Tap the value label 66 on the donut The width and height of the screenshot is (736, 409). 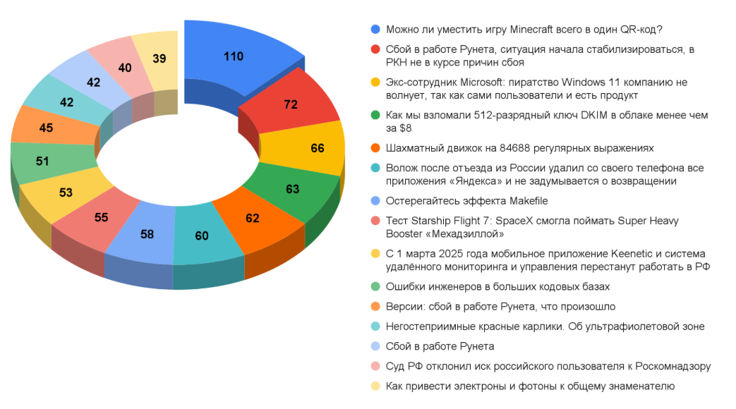pos(317,149)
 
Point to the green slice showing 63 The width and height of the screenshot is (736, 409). pos(292,189)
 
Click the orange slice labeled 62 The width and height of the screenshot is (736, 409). pos(253,218)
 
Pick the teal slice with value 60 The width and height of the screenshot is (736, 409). pos(202,236)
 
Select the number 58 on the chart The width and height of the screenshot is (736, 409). pos(147,233)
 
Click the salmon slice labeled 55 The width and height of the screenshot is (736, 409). pos(101,217)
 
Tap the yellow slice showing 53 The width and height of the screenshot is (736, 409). pos(66,192)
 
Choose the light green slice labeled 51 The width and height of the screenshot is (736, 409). pos(42,161)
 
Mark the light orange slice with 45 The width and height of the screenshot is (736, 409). pos(46,128)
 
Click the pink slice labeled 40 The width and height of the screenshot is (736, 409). pos(124,68)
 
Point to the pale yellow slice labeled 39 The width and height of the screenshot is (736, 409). pos(159,59)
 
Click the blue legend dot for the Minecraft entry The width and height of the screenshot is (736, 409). pos(375,30)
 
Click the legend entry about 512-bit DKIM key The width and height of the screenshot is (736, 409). pos(536,116)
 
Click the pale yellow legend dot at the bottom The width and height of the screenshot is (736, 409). pos(375,386)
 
